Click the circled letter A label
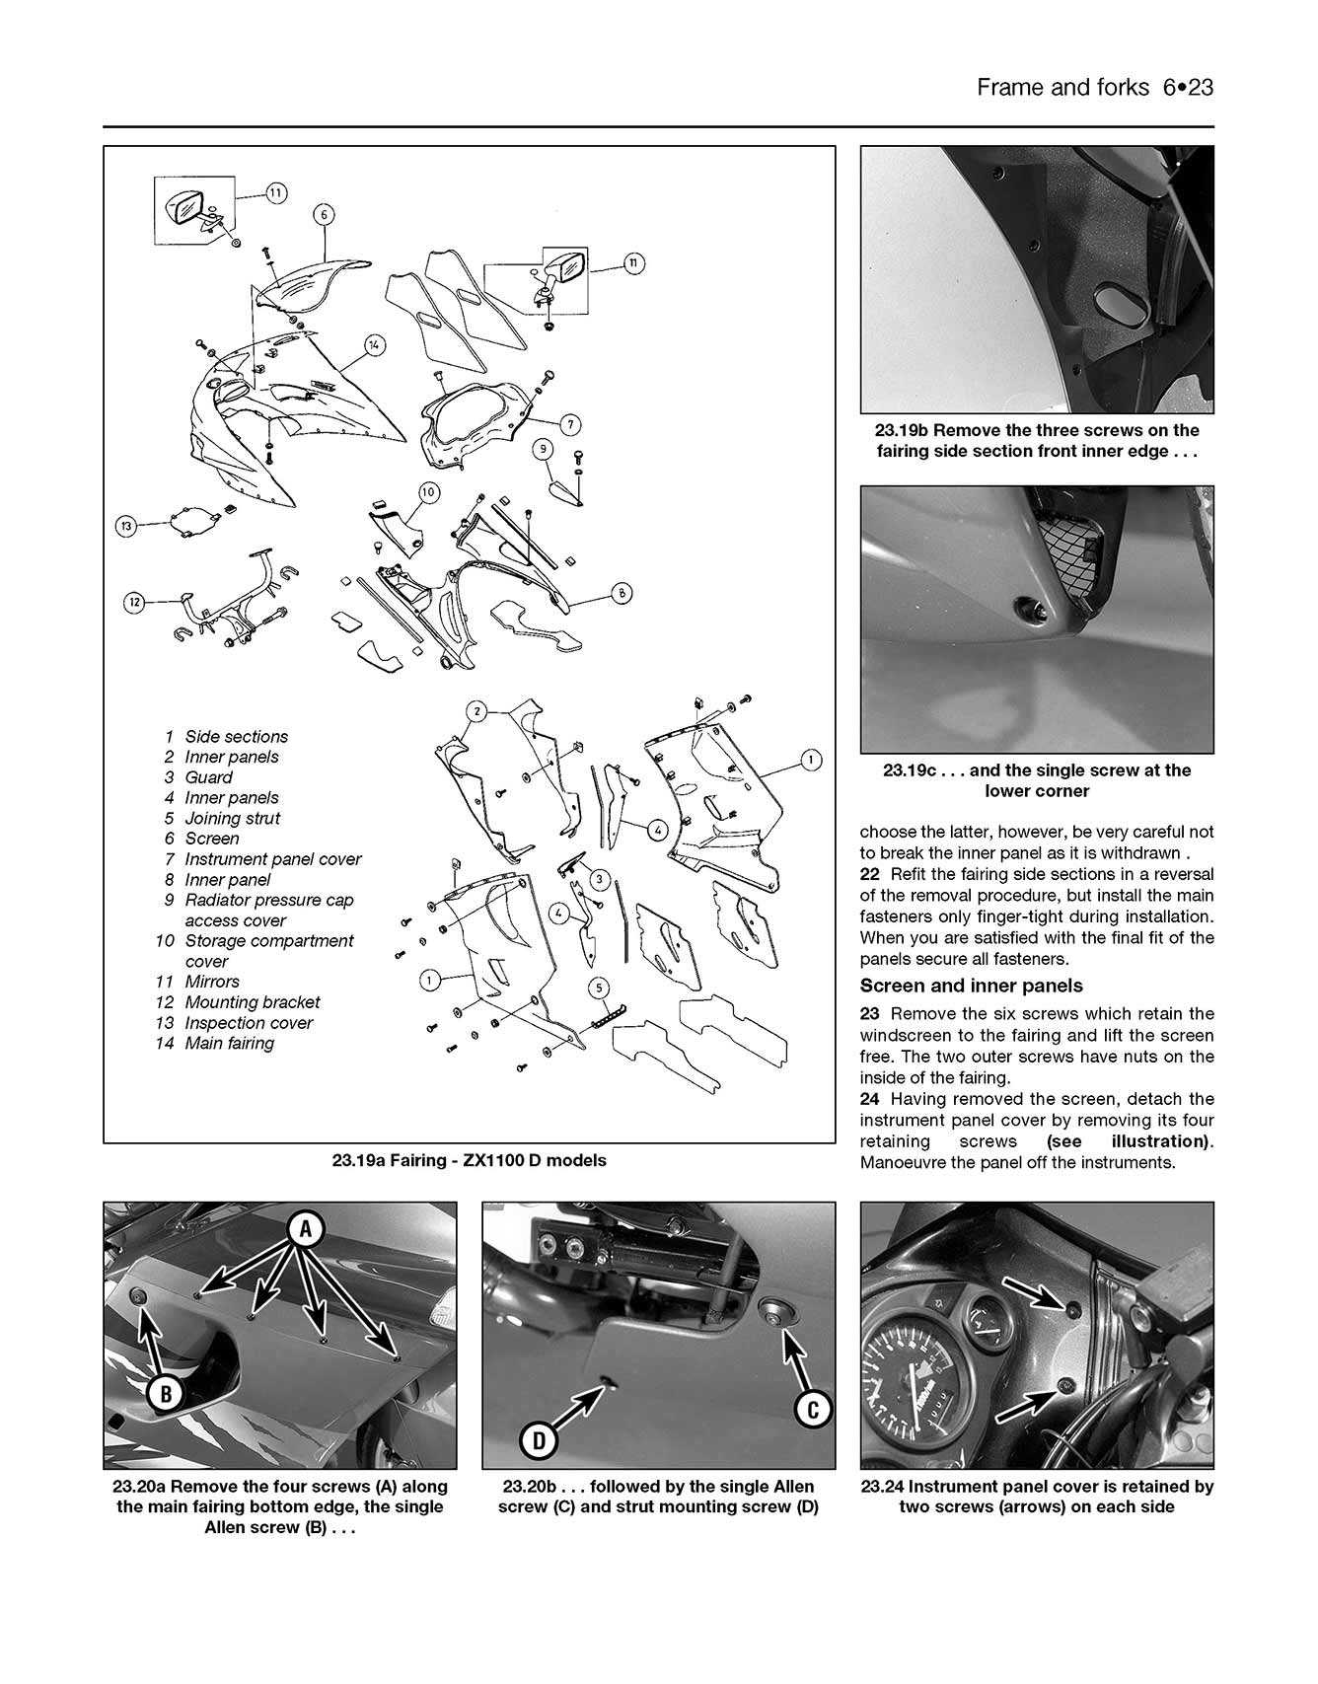(x=306, y=1229)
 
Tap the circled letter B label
(x=166, y=1394)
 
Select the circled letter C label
(x=813, y=1410)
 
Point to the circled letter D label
(x=539, y=1441)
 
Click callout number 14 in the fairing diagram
(x=374, y=345)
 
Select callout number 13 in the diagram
(x=126, y=527)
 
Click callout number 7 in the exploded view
(x=569, y=425)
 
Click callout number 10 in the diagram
(x=428, y=492)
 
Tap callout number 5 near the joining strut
(x=598, y=988)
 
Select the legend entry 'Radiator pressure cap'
(x=268, y=900)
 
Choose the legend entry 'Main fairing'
(x=229, y=1043)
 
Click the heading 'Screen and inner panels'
(x=971, y=986)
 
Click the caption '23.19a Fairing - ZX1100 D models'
(x=469, y=1160)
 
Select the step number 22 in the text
(x=870, y=874)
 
